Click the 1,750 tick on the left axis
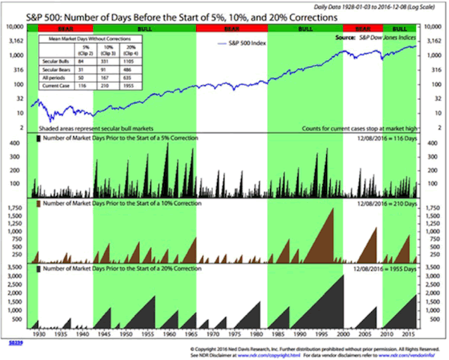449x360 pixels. pyautogui.click(x=14, y=212)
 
